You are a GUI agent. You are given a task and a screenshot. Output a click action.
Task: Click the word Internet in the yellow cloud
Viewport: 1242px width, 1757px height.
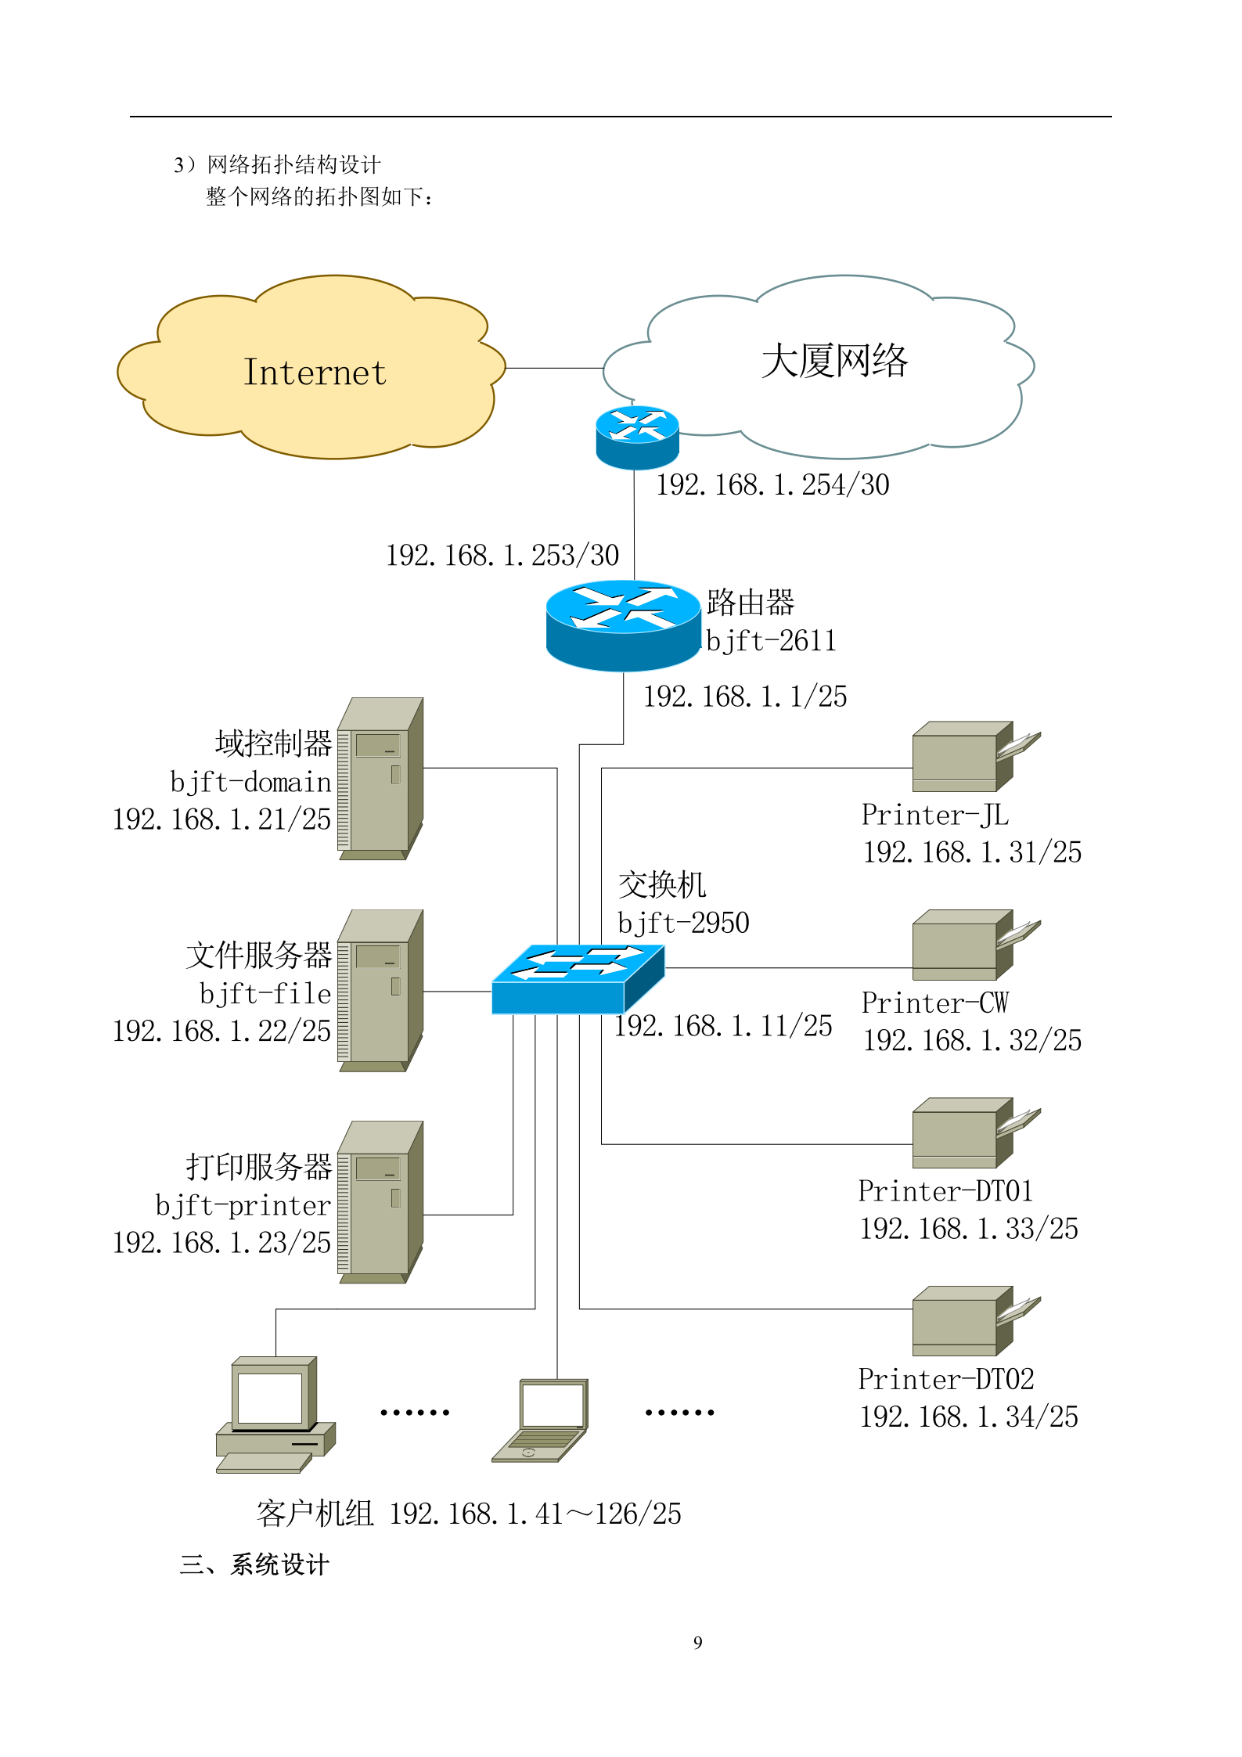click(315, 373)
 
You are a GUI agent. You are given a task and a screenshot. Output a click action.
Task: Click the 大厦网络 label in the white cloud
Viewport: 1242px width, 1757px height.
click(834, 361)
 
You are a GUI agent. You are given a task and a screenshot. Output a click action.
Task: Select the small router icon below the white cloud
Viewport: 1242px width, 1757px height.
click(637, 437)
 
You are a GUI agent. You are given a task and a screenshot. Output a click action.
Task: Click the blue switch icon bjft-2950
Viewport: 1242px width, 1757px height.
click(578, 979)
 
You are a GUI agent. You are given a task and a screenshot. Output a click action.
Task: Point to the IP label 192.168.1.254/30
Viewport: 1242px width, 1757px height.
click(772, 485)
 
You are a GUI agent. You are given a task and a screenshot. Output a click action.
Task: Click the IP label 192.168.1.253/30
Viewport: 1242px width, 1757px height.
click(502, 556)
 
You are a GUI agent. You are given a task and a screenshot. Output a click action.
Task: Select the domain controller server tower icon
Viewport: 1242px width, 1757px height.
click(380, 779)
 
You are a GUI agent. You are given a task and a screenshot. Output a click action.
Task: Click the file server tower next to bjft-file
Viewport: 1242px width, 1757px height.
click(380, 990)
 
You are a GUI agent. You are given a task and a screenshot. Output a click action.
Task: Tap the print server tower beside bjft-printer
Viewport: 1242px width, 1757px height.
click(380, 1201)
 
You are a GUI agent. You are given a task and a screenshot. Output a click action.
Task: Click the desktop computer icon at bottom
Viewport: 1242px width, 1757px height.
click(274, 1415)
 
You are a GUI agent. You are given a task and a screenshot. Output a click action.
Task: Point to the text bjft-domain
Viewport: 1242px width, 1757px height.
click(250, 782)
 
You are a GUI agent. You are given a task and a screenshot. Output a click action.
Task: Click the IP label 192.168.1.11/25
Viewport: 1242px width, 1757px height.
click(723, 1026)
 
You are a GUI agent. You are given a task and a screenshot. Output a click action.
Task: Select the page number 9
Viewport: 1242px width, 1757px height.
click(698, 1643)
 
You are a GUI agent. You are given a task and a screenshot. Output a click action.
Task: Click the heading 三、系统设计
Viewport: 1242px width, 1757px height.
click(254, 1564)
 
